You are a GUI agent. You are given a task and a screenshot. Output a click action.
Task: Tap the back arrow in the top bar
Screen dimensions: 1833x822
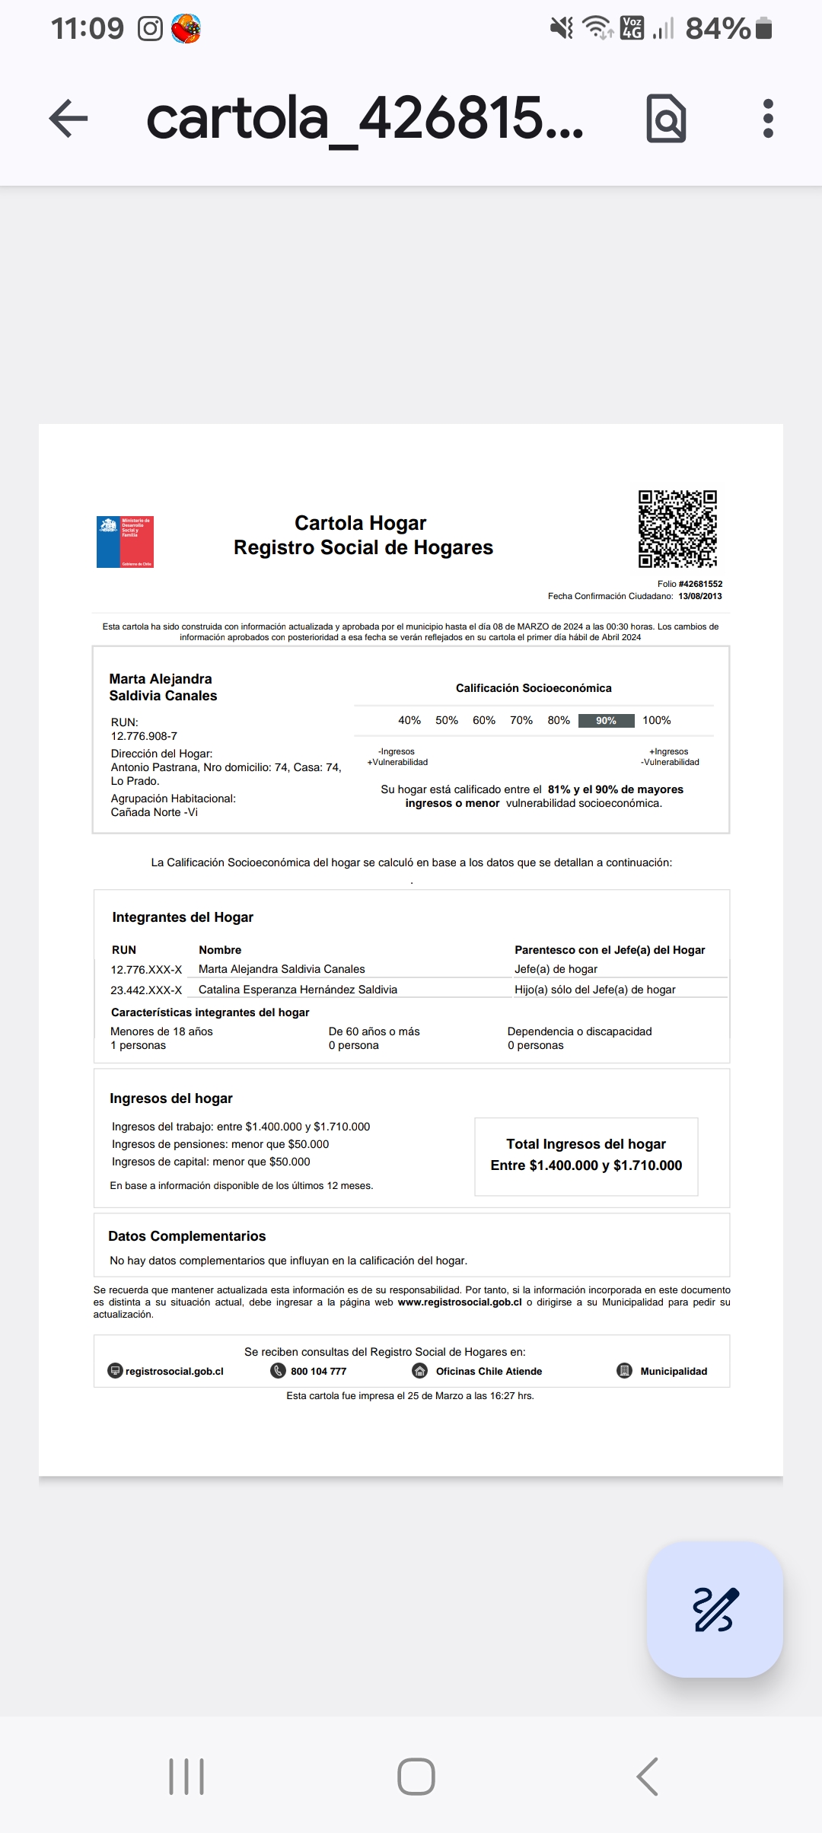click(x=68, y=119)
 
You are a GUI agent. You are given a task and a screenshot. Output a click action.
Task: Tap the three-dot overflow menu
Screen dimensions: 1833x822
click(x=767, y=119)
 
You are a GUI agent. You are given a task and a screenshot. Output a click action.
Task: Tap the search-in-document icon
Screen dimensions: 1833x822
click(x=666, y=119)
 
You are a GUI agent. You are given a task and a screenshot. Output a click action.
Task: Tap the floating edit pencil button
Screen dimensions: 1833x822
click(x=715, y=1609)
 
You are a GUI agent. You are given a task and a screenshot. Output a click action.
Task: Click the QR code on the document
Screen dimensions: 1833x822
click(x=677, y=529)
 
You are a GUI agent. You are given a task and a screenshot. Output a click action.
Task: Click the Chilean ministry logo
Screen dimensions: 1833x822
click(x=125, y=542)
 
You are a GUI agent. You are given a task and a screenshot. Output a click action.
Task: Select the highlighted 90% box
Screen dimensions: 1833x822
click(x=606, y=721)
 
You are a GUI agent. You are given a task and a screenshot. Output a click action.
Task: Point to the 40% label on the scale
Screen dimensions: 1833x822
click(x=409, y=720)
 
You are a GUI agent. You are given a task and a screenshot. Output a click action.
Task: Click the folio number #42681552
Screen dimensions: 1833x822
click(x=700, y=584)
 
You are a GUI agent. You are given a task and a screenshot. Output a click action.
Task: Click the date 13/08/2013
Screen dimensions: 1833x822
click(x=699, y=596)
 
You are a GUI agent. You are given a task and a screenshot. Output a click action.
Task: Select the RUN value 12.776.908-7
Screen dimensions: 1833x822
click(x=144, y=736)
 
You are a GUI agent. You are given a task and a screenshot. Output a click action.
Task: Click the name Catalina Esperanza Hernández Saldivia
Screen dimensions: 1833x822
click(x=298, y=990)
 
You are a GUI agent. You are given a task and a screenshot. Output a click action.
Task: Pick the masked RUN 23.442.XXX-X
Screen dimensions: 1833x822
click(x=146, y=990)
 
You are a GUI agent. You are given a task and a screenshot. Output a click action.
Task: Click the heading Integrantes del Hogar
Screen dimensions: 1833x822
click(x=183, y=917)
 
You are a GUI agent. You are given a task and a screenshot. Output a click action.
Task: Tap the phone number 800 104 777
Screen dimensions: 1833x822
click(x=318, y=1371)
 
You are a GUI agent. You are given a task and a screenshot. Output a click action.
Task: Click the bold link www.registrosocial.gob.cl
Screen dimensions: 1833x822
click(x=460, y=1302)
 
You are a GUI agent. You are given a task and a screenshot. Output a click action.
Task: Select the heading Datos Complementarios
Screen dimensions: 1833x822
click(x=187, y=1236)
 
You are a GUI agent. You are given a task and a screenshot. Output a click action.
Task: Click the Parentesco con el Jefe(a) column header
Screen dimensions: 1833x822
click(x=610, y=950)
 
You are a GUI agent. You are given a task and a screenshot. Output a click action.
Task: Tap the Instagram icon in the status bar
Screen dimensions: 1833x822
click(x=150, y=29)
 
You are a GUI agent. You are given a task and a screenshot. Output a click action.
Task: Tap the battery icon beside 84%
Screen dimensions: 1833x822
click(x=765, y=29)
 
